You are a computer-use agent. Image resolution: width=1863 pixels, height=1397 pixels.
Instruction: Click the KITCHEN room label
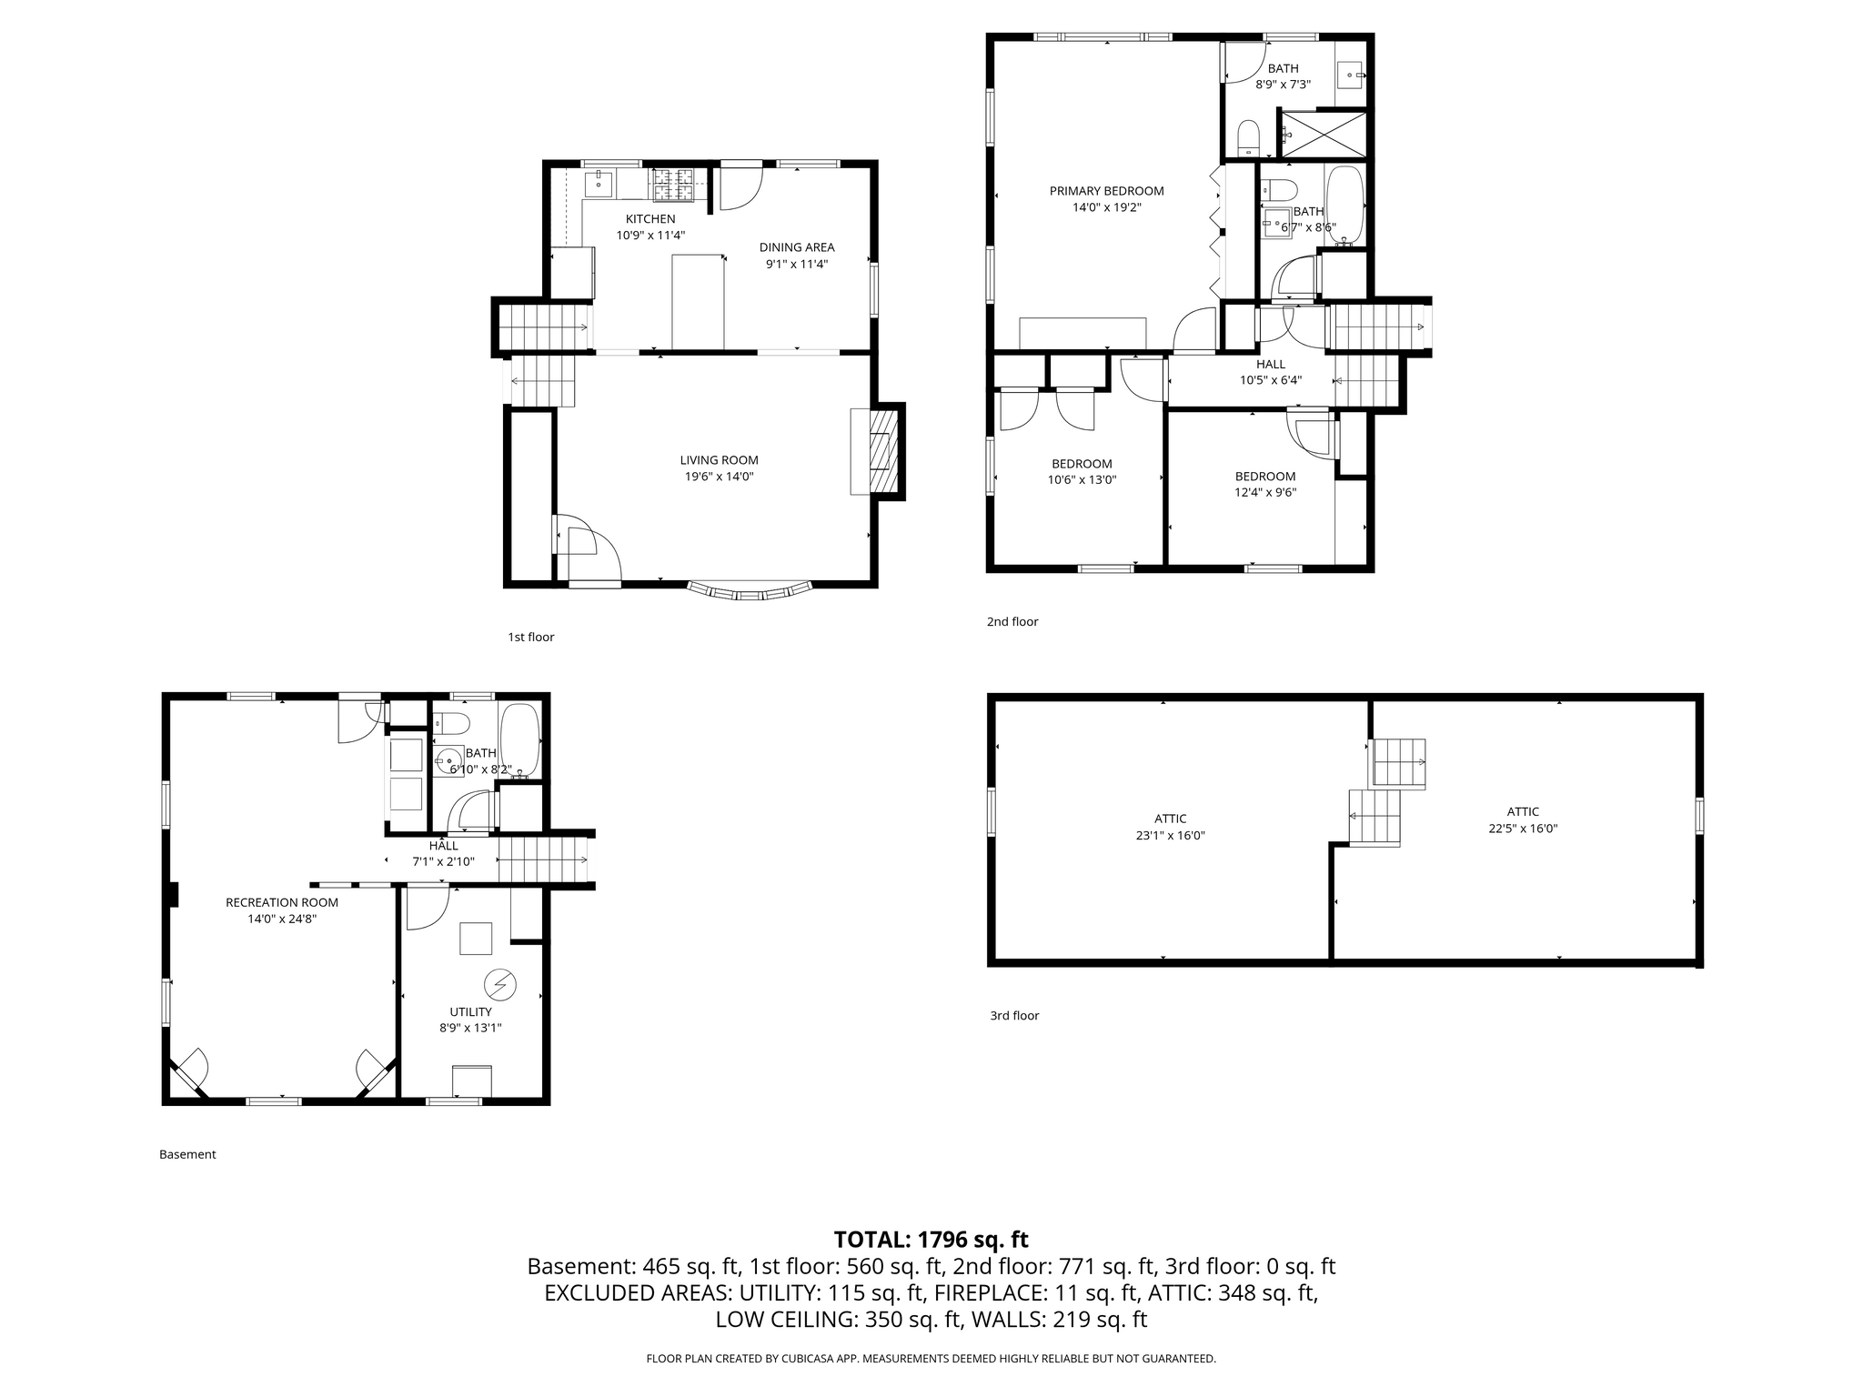650,219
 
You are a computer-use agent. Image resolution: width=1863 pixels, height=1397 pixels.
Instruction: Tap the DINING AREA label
797,247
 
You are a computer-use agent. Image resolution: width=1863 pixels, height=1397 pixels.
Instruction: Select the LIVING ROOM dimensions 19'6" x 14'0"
719,477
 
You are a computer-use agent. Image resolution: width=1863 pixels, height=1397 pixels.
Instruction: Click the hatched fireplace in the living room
881,451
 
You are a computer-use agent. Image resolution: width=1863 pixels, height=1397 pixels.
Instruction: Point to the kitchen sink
599,184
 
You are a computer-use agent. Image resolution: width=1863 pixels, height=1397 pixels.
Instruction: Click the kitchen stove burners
671,185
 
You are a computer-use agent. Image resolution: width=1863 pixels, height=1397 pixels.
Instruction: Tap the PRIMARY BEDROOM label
1106,191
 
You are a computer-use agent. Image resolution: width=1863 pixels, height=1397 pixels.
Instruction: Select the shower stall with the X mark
1324,135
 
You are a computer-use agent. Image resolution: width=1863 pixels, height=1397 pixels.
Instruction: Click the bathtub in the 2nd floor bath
1344,206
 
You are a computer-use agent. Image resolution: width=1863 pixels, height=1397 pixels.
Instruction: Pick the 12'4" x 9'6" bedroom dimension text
1265,493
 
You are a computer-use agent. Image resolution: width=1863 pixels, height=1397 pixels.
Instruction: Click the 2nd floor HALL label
1271,365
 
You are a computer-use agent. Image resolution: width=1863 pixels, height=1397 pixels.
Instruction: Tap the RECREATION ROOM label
282,902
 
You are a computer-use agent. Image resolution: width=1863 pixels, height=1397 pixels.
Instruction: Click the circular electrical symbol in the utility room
500,984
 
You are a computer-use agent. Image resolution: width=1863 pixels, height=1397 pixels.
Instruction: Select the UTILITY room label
470,1012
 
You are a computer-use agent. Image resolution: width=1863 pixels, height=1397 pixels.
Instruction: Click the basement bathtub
519,741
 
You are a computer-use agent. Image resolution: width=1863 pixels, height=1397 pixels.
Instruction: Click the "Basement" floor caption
187,1154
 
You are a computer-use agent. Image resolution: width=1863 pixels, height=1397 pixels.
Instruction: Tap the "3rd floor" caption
1014,1016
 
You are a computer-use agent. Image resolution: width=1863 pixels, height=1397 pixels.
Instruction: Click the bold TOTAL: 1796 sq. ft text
931,1240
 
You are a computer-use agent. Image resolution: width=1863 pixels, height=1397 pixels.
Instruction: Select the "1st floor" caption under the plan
531,638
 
